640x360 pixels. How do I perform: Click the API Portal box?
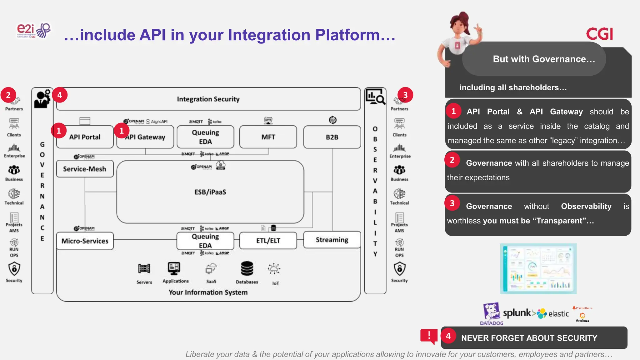coord(85,137)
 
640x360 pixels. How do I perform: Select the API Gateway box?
coord(145,137)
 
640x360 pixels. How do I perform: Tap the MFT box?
coord(268,137)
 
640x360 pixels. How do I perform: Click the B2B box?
coord(332,137)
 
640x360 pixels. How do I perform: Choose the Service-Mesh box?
coord(85,169)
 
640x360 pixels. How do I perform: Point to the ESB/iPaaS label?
coord(210,192)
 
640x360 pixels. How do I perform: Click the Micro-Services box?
coord(85,241)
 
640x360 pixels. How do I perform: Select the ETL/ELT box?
coord(268,240)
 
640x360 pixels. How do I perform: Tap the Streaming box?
coord(332,240)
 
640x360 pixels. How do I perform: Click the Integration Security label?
coord(208,99)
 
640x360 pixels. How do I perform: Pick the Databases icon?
coord(247,269)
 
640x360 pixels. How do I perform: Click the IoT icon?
coord(274,269)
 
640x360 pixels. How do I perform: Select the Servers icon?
coord(144,269)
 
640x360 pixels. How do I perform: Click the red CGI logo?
coord(599,34)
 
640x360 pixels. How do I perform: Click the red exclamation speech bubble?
coord(429,336)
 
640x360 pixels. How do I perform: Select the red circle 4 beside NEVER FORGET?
coord(448,336)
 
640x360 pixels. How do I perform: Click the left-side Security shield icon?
coord(14,269)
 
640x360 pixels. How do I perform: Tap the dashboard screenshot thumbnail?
coord(538,269)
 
